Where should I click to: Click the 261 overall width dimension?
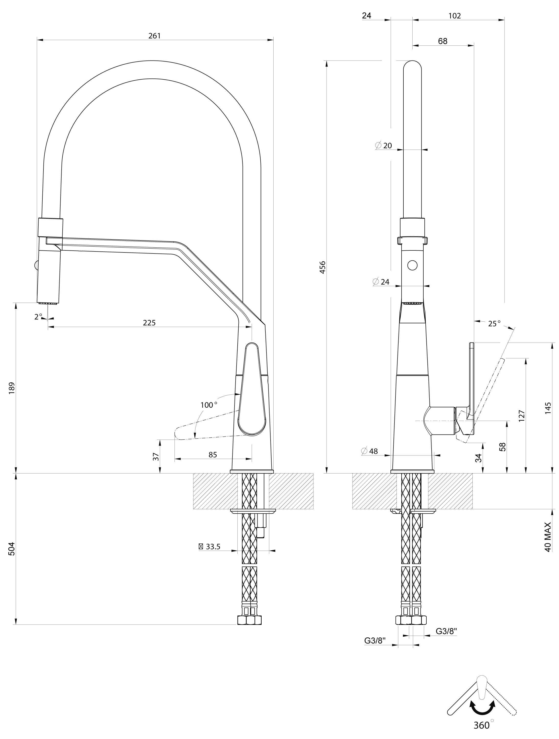click(x=155, y=36)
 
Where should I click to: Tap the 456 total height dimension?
click(x=323, y=267)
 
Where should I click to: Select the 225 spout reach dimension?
click(x=149, y=323)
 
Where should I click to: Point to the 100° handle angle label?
click(x=209, y=405)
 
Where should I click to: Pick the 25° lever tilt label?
click(x=494, y=323)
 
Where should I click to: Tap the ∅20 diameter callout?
click(x=383, y=146)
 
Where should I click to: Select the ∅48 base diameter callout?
click(x=369, y=451)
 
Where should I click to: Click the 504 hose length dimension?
click(x=12, y=549)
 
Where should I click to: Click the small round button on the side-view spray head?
click(x=413, y=265)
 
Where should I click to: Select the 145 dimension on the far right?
click(x=548, y=408)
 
